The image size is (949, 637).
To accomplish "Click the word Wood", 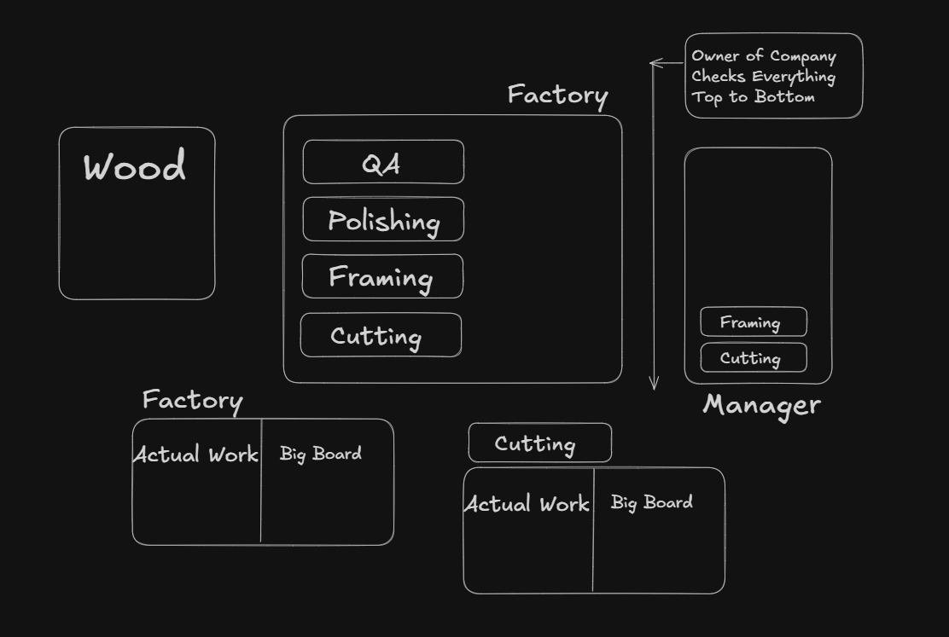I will [135, 167].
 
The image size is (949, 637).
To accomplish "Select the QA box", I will [383, 162].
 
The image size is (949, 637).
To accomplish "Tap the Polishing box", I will [383, 220].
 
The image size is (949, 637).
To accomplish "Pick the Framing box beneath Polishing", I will [382, 276].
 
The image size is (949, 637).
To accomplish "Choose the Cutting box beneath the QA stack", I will [381, 335].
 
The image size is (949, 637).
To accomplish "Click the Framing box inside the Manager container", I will [754, 322].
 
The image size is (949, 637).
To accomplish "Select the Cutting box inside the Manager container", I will [754, 358].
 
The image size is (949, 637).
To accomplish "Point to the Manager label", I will [761, 405].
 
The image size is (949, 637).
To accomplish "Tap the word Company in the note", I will [802, 57].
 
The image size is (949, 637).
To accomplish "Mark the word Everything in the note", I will [793, 77].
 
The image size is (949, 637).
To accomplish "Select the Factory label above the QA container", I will [557, 95].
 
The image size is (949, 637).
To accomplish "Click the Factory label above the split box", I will [192, 400].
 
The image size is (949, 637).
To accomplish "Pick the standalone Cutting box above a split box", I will [539, 443].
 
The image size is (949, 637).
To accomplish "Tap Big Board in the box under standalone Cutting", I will [651, 502].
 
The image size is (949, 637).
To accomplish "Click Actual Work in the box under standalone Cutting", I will [527, 504].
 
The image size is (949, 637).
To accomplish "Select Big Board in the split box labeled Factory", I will [320, 454].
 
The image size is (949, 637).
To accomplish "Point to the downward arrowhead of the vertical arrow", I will [655, 385].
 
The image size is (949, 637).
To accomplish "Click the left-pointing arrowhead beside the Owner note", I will [654, 62].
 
